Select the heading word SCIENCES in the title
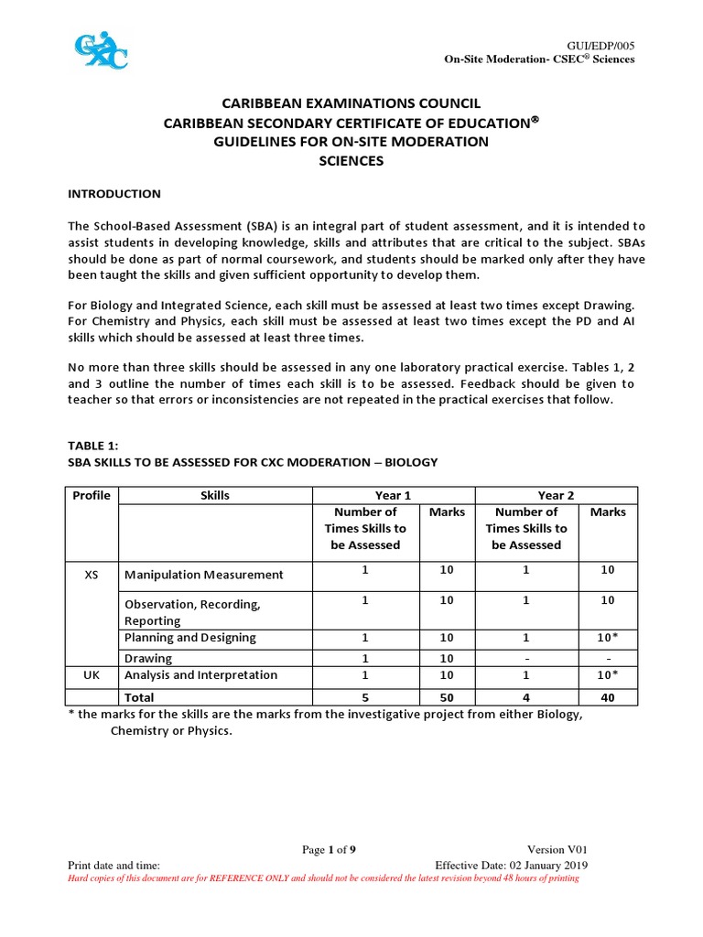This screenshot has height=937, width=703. click(351, 161)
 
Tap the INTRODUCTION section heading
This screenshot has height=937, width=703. click(114, 194)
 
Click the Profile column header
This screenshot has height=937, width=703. click(92, 495)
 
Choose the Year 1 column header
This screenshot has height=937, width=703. click(393, 495)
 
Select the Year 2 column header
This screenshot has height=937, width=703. click(557, 495)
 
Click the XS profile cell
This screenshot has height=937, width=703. click(92, 575)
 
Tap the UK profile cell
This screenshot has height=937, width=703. click(92, 674)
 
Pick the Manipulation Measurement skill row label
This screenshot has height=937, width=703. click(203, 575)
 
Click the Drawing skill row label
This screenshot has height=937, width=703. click(148, 658)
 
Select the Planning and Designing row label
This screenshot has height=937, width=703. click(190, 638)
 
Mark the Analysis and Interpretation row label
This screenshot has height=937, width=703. click(200, 674)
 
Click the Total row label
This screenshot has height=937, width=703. click(140, 696)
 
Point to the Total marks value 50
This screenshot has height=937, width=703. click(447, 696)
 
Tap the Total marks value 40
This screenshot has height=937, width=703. click(608, 696)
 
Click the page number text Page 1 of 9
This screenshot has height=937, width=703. click(329, 850)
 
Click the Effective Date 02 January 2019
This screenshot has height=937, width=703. click(511, 866)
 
